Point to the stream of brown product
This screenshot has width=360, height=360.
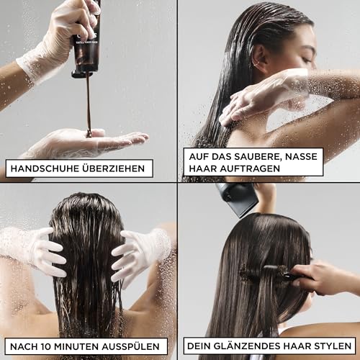coord(89,101)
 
